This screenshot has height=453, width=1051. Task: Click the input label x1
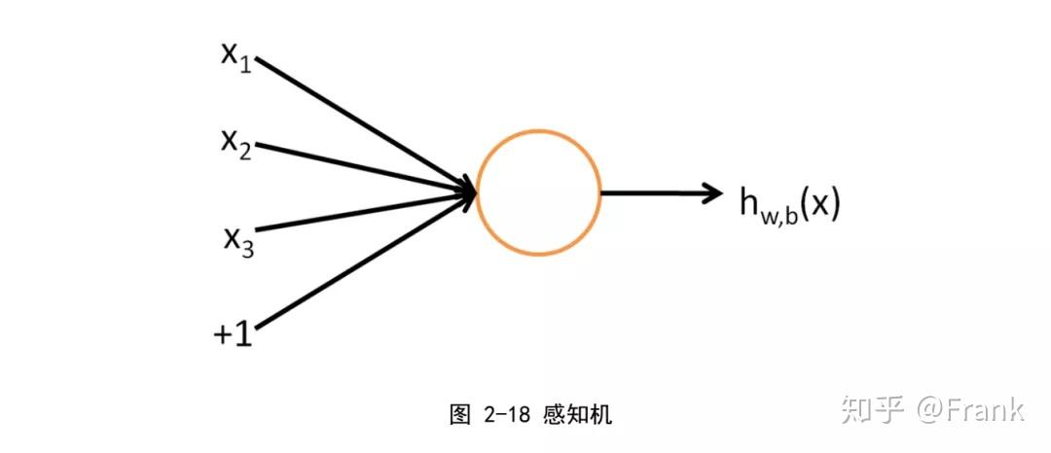pyautogui.click(x=236, y=55)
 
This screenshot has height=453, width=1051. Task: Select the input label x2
pyautogui.click(x=236, y=143)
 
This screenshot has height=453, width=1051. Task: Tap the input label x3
pyautogui.click(x=237, y=238)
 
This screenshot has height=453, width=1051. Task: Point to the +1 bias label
pyautogui.click(x=234, y=333)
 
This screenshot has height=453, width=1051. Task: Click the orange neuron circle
pyautogui.click(x=539, y=192)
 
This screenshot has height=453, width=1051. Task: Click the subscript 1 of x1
pyautogui.click(x=246, y=64)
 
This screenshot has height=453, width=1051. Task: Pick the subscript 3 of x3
pyautogui.click(x=247, y=248)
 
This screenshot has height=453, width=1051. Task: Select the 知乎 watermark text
pyautogui.click(x=874, y=409)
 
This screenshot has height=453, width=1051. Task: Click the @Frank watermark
pyautogui.click(x=969, y=409)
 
